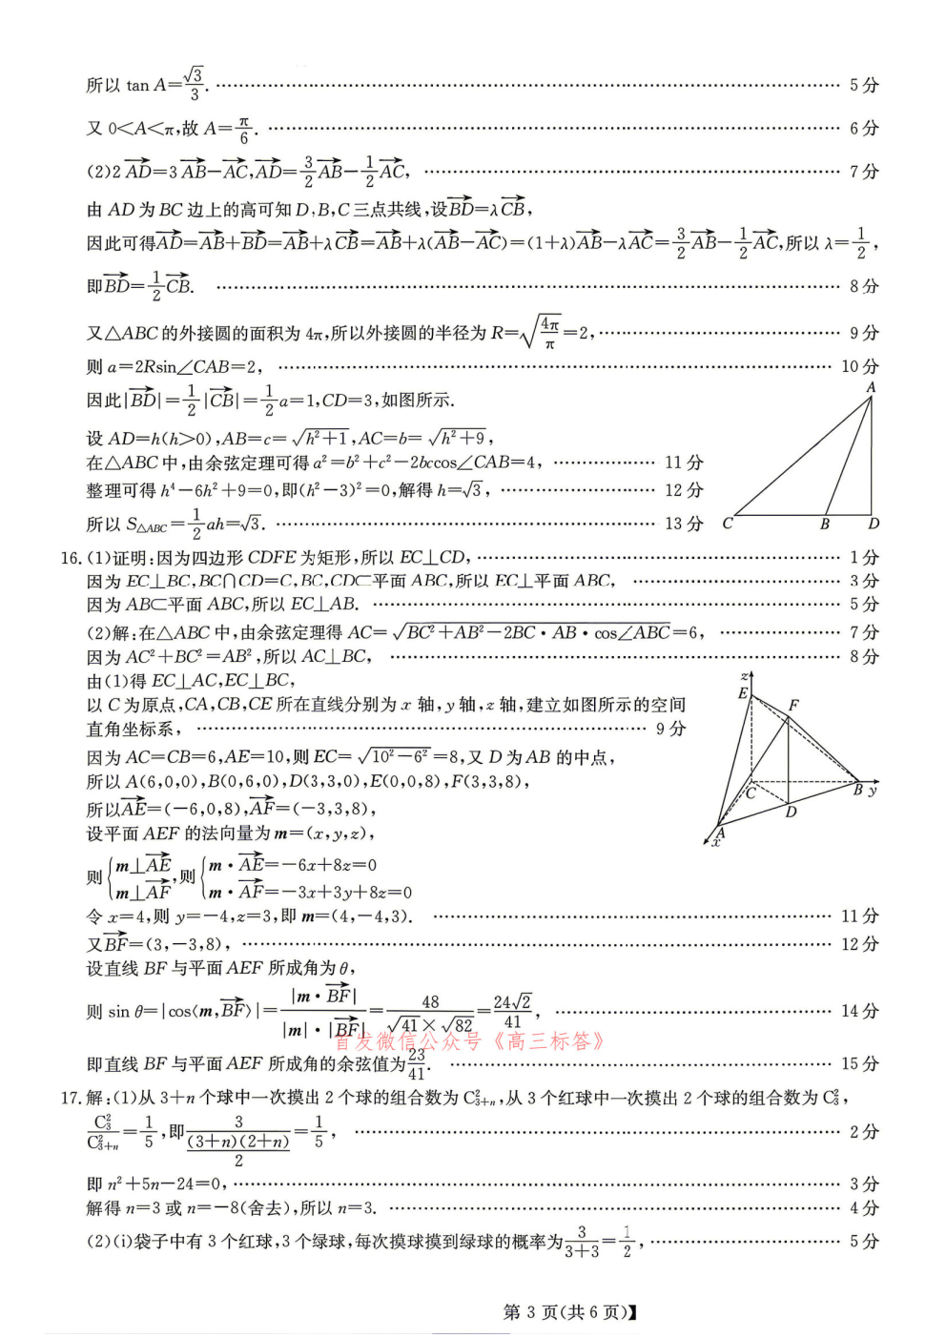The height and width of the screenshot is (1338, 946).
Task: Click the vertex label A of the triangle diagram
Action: (x=871, y=387)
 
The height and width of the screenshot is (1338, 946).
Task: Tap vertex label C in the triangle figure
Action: (x=728, y=524)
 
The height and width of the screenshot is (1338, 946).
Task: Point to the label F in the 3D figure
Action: (x=793, y=705)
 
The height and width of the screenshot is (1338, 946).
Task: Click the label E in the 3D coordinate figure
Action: (x=743, y=693)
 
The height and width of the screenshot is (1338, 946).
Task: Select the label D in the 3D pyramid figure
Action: (x=791, y=813)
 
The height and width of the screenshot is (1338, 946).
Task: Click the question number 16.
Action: (x=71, y=557)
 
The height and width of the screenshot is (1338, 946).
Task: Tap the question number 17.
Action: (x=71, y=1098)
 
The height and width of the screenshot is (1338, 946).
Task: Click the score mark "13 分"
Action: (x=684, y=524)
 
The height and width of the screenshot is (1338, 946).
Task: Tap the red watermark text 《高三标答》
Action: (x=547, y=1040)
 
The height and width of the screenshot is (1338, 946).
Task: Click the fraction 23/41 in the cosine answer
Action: (x=417, y=1064)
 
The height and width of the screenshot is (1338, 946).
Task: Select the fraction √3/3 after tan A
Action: (x=194, y=84)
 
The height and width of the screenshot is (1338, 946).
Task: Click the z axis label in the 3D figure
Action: (x=744, y=675)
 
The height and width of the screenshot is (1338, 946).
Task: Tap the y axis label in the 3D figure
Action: (x=873, y=791)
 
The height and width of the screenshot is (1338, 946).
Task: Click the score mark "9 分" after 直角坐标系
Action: (x=670, y=729)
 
